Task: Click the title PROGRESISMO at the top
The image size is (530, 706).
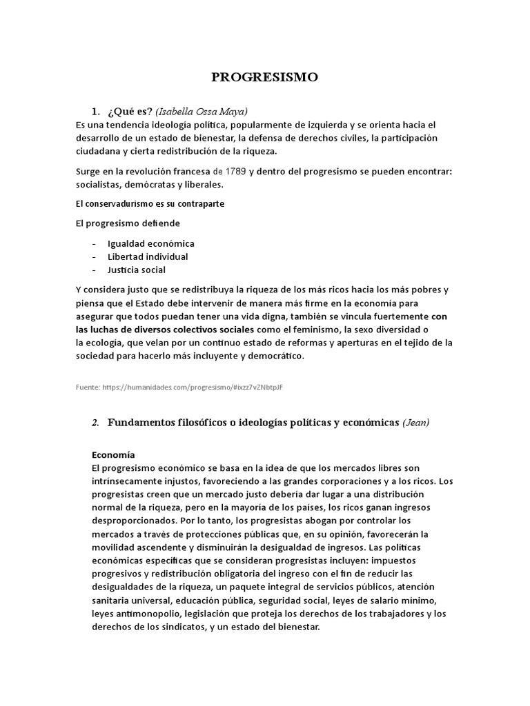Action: click(265, 77)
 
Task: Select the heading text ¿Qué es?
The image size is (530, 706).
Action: click(130, 111)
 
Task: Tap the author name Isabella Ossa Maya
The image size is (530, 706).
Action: click(202, 111)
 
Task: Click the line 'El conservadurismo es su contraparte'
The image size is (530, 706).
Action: click(149, 204)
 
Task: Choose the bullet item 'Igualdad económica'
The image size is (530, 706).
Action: click(150, 243)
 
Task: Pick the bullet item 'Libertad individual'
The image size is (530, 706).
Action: click(147, 256)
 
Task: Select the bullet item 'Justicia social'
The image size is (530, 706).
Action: click(136, 270)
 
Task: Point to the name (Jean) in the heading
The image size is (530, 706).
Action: click(416, 423)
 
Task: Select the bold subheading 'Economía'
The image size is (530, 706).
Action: click(113, 455)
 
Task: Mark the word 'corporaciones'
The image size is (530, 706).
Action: click(348, 481)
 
